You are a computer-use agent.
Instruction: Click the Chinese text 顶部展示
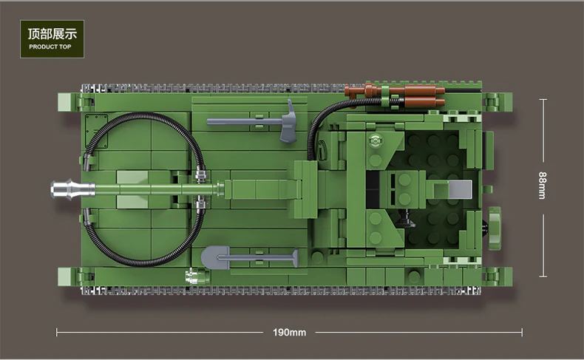52,34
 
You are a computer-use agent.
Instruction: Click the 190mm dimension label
289,332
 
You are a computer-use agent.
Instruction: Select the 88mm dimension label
543,187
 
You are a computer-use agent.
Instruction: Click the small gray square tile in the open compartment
460,190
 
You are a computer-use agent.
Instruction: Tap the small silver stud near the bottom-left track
191,277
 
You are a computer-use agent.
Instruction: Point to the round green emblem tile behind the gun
375,141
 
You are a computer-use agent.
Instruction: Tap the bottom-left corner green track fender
86,278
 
